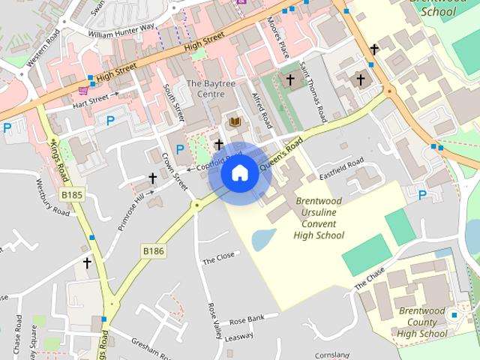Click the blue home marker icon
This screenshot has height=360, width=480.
pyautogui.click(x=239, y=173)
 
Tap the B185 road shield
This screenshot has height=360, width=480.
pyautogui.click(x=72, y=195)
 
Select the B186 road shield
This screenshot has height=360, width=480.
pyautogui.click(x=152, y=250)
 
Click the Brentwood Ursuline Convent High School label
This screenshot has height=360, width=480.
pyautogui.click(x=319, y=218)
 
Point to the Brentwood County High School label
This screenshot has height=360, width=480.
pyautogui.click(x=422, y=322)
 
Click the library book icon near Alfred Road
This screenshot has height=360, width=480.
pyautogui.click(x=235, y=121)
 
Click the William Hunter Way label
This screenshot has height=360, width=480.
pyautogui.click(x=121, y=31)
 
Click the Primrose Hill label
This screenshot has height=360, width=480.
pyautogui.click(x=129, y=212)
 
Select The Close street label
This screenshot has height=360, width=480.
pyautogui.click(x=219, y=259)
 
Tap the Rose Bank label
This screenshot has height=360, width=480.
pyautogui.click(x=247, y=319)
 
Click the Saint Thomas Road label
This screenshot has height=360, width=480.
pyautogui.click(x=312, y=101)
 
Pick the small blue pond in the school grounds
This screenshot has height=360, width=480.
pyautogui.click(x=263, y=239)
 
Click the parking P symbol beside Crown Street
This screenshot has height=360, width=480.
pyautogui.click(x=180, y=150)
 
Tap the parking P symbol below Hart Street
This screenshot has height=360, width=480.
pyautogui.click(x=110, y=120)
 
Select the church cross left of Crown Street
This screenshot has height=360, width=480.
pyautogui.click(x=152, y=178)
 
